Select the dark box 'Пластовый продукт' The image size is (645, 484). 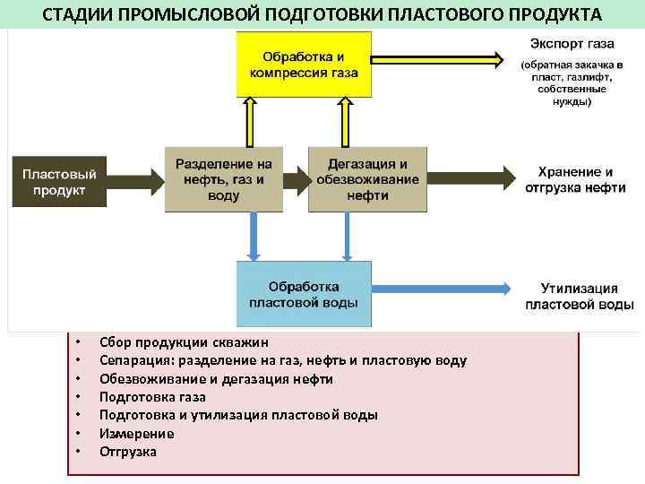coord(60,179)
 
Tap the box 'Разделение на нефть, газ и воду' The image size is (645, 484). coord(224,179)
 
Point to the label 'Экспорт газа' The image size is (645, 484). coord(572,43)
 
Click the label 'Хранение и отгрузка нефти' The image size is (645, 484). coord(576,179)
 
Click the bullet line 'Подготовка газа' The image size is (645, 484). coord(152,396)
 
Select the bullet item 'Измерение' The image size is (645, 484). coord(136,433)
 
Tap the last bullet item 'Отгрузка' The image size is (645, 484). coord(128,452)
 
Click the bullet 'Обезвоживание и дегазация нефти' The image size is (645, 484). coord(216,378)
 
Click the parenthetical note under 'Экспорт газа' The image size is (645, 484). coord(573,83)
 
